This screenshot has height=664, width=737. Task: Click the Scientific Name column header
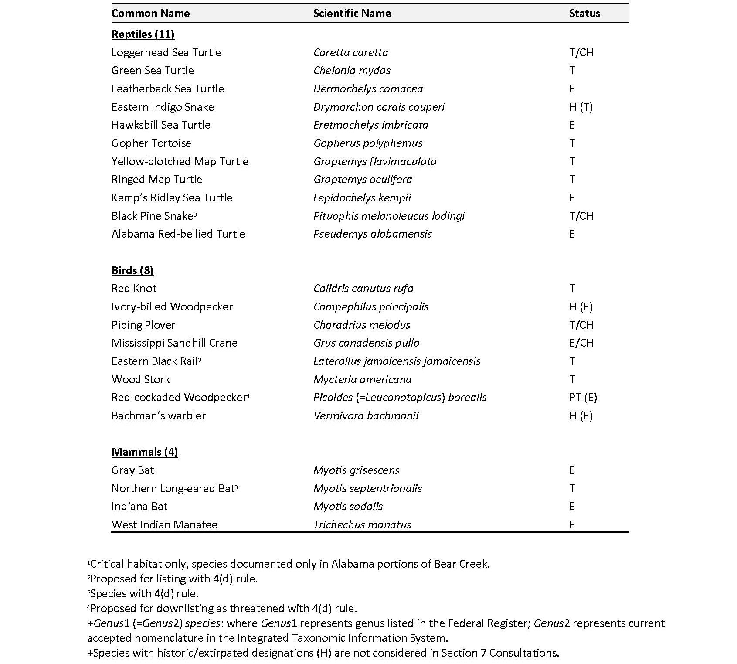click(x=352, y=13)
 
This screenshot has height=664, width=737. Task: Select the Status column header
click(x=584, y=13)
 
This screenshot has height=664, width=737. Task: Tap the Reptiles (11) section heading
click(x=143, y=34)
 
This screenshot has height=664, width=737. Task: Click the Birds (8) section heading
click(x=132, y=270)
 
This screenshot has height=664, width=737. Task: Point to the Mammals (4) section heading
click(x=145, y=452)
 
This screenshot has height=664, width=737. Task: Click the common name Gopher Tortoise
click(x=151, y=143)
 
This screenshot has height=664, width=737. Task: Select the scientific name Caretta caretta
click(x=350, y=52)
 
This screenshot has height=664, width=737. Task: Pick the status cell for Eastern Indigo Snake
click(x=581, y=107)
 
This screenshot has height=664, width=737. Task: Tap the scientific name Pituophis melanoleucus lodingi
click(x=389, y=216)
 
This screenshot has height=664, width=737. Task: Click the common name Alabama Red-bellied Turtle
click(x=178, y=234)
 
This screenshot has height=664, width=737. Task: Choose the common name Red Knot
click(x=134, y=288)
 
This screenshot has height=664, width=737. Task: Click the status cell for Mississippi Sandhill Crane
click(x=581, y=343)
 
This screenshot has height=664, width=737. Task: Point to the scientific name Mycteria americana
click(x=362, y=379)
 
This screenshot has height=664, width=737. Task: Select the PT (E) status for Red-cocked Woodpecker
click(x=583, y=397)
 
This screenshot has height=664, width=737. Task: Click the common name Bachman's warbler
click(x=158, y=415)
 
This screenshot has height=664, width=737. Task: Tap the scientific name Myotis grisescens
click(x=356, y=470)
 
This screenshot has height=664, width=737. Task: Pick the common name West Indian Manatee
click(x=164, y=524)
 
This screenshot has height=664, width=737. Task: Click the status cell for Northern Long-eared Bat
click(x=572, y=488)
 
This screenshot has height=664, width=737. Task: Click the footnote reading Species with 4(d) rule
click(x=144, y=593)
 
